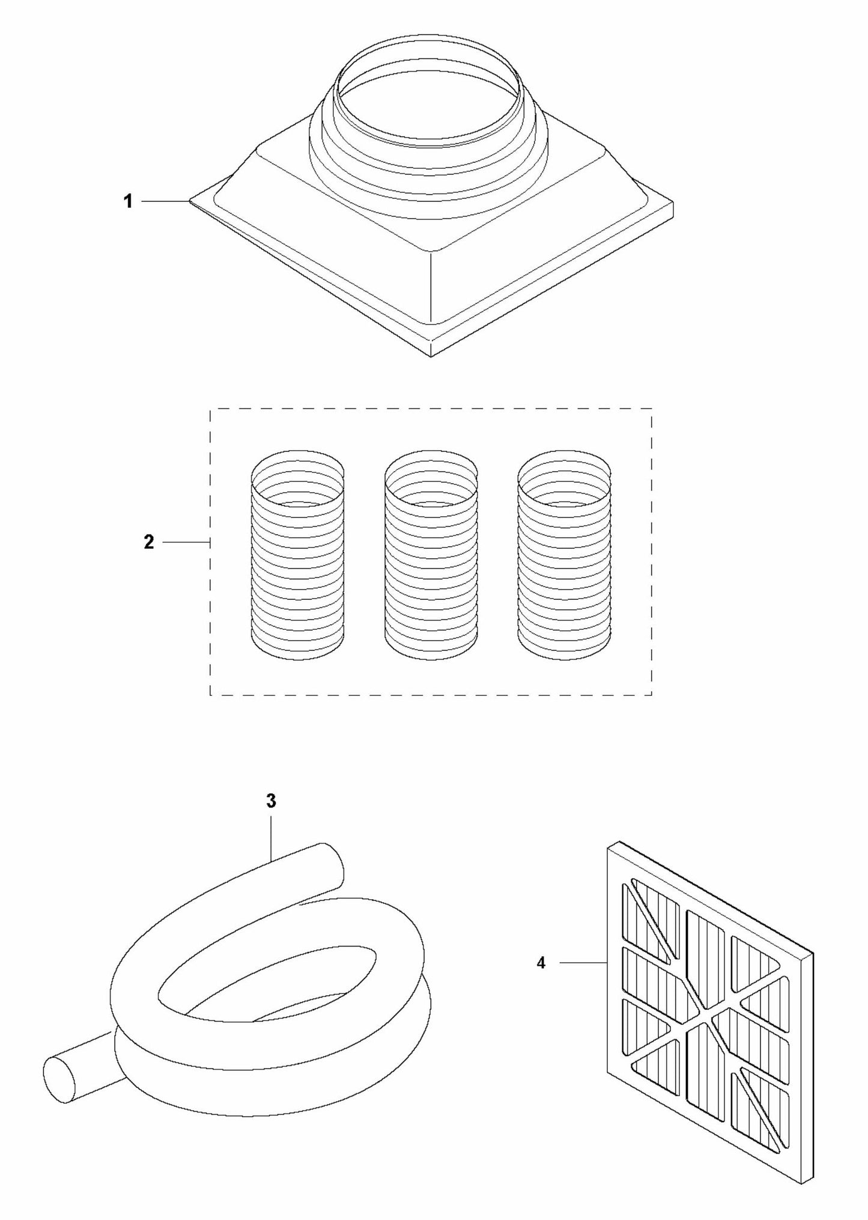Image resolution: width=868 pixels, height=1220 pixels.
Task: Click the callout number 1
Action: (x=128, y=202)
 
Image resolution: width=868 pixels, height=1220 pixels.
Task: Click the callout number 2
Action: (x=149, y=542)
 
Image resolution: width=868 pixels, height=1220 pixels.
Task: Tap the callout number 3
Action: (x=271, y=801)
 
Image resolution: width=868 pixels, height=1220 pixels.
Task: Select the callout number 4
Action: (x=541, y=963)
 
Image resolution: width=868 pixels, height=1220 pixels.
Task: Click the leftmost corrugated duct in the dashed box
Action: (x=297, y=554)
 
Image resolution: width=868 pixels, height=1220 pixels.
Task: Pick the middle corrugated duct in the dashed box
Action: (x=431, y=554)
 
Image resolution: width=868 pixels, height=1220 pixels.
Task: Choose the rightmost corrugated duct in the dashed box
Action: (x=565, y=554)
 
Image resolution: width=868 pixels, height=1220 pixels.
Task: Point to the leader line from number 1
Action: (x=165, y=202)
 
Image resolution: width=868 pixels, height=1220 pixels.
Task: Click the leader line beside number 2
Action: (x=186, y=543)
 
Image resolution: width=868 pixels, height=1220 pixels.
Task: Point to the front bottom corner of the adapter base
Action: (x=431, y=356)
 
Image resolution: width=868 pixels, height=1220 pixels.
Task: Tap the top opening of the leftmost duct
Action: (x=297, y=471)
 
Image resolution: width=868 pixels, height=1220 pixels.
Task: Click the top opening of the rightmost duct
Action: (x=565, y=471)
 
